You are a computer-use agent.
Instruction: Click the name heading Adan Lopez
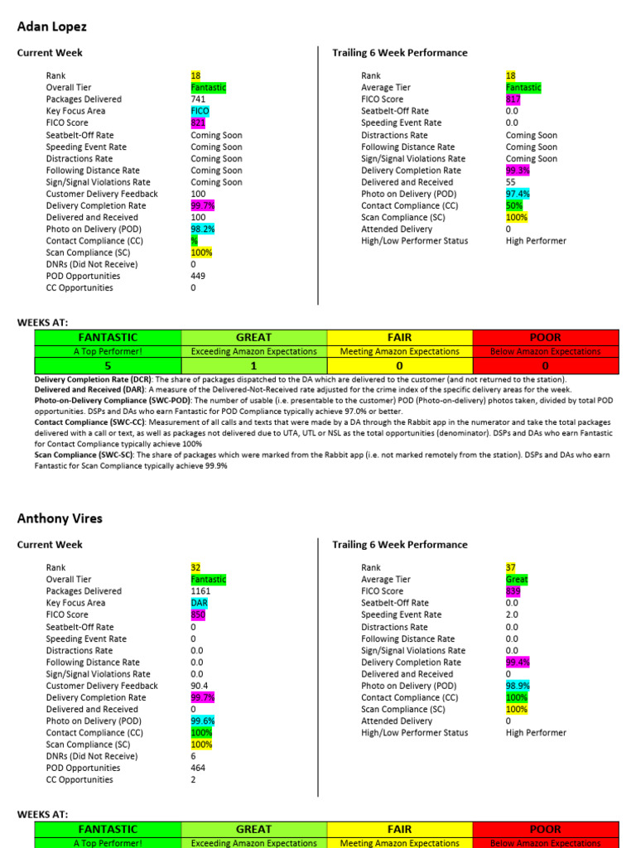[52, 26]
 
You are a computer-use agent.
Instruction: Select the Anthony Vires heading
[60, 518]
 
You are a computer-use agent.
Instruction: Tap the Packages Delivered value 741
[198, 99]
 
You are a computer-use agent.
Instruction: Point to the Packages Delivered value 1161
[200, 591]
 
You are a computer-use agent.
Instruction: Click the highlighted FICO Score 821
[198, 123]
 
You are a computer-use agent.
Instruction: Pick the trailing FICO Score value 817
[513, 99]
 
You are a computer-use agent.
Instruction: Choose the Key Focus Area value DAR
[199, 604]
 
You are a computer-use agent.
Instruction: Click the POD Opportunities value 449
[198, 276]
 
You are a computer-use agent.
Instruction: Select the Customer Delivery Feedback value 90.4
[200, 686]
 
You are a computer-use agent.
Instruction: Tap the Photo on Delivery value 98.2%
[202, 229]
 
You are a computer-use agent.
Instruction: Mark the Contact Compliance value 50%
[513, 205]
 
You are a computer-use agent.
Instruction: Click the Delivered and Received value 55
[510, 181]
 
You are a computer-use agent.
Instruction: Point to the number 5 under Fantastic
[107, 365]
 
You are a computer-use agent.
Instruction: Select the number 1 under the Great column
[253, 365]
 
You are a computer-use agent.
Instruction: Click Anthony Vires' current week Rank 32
[195, 568]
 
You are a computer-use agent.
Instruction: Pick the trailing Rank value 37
[510, 568]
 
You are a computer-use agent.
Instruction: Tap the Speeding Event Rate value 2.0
[512, 615]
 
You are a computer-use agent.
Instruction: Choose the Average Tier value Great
[516, 580]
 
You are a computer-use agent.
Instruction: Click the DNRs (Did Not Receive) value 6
[193, 756]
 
